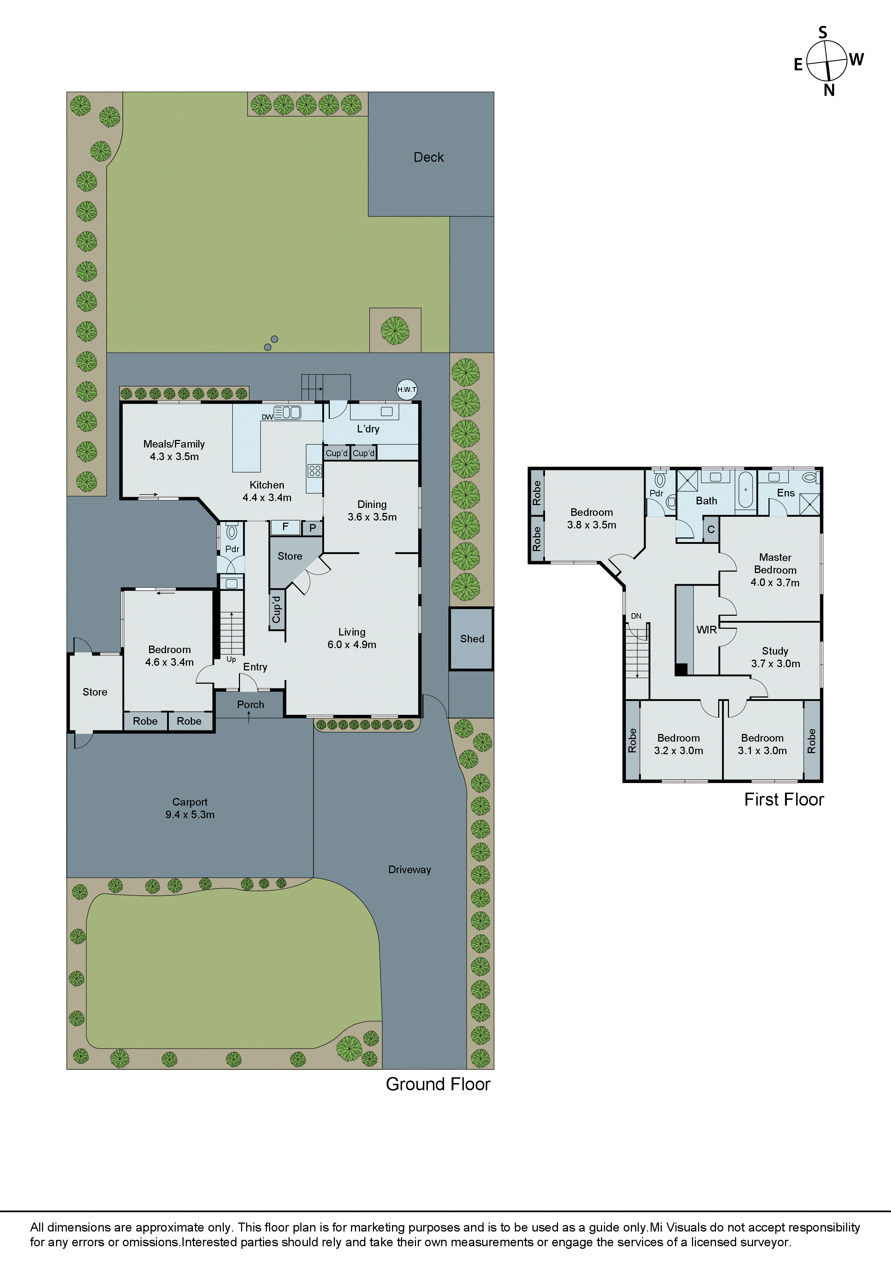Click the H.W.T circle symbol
point(407,389)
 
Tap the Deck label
point(428,157)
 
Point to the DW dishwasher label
point(267,417)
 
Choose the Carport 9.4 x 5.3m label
point(190,808)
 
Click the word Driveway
point(410,870)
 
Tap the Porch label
point(250,704)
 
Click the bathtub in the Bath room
point(745,489)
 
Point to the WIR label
point(707,630)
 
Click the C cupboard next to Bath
point(711,529)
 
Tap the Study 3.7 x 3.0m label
point(775,657)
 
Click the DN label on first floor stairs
point(636,616)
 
